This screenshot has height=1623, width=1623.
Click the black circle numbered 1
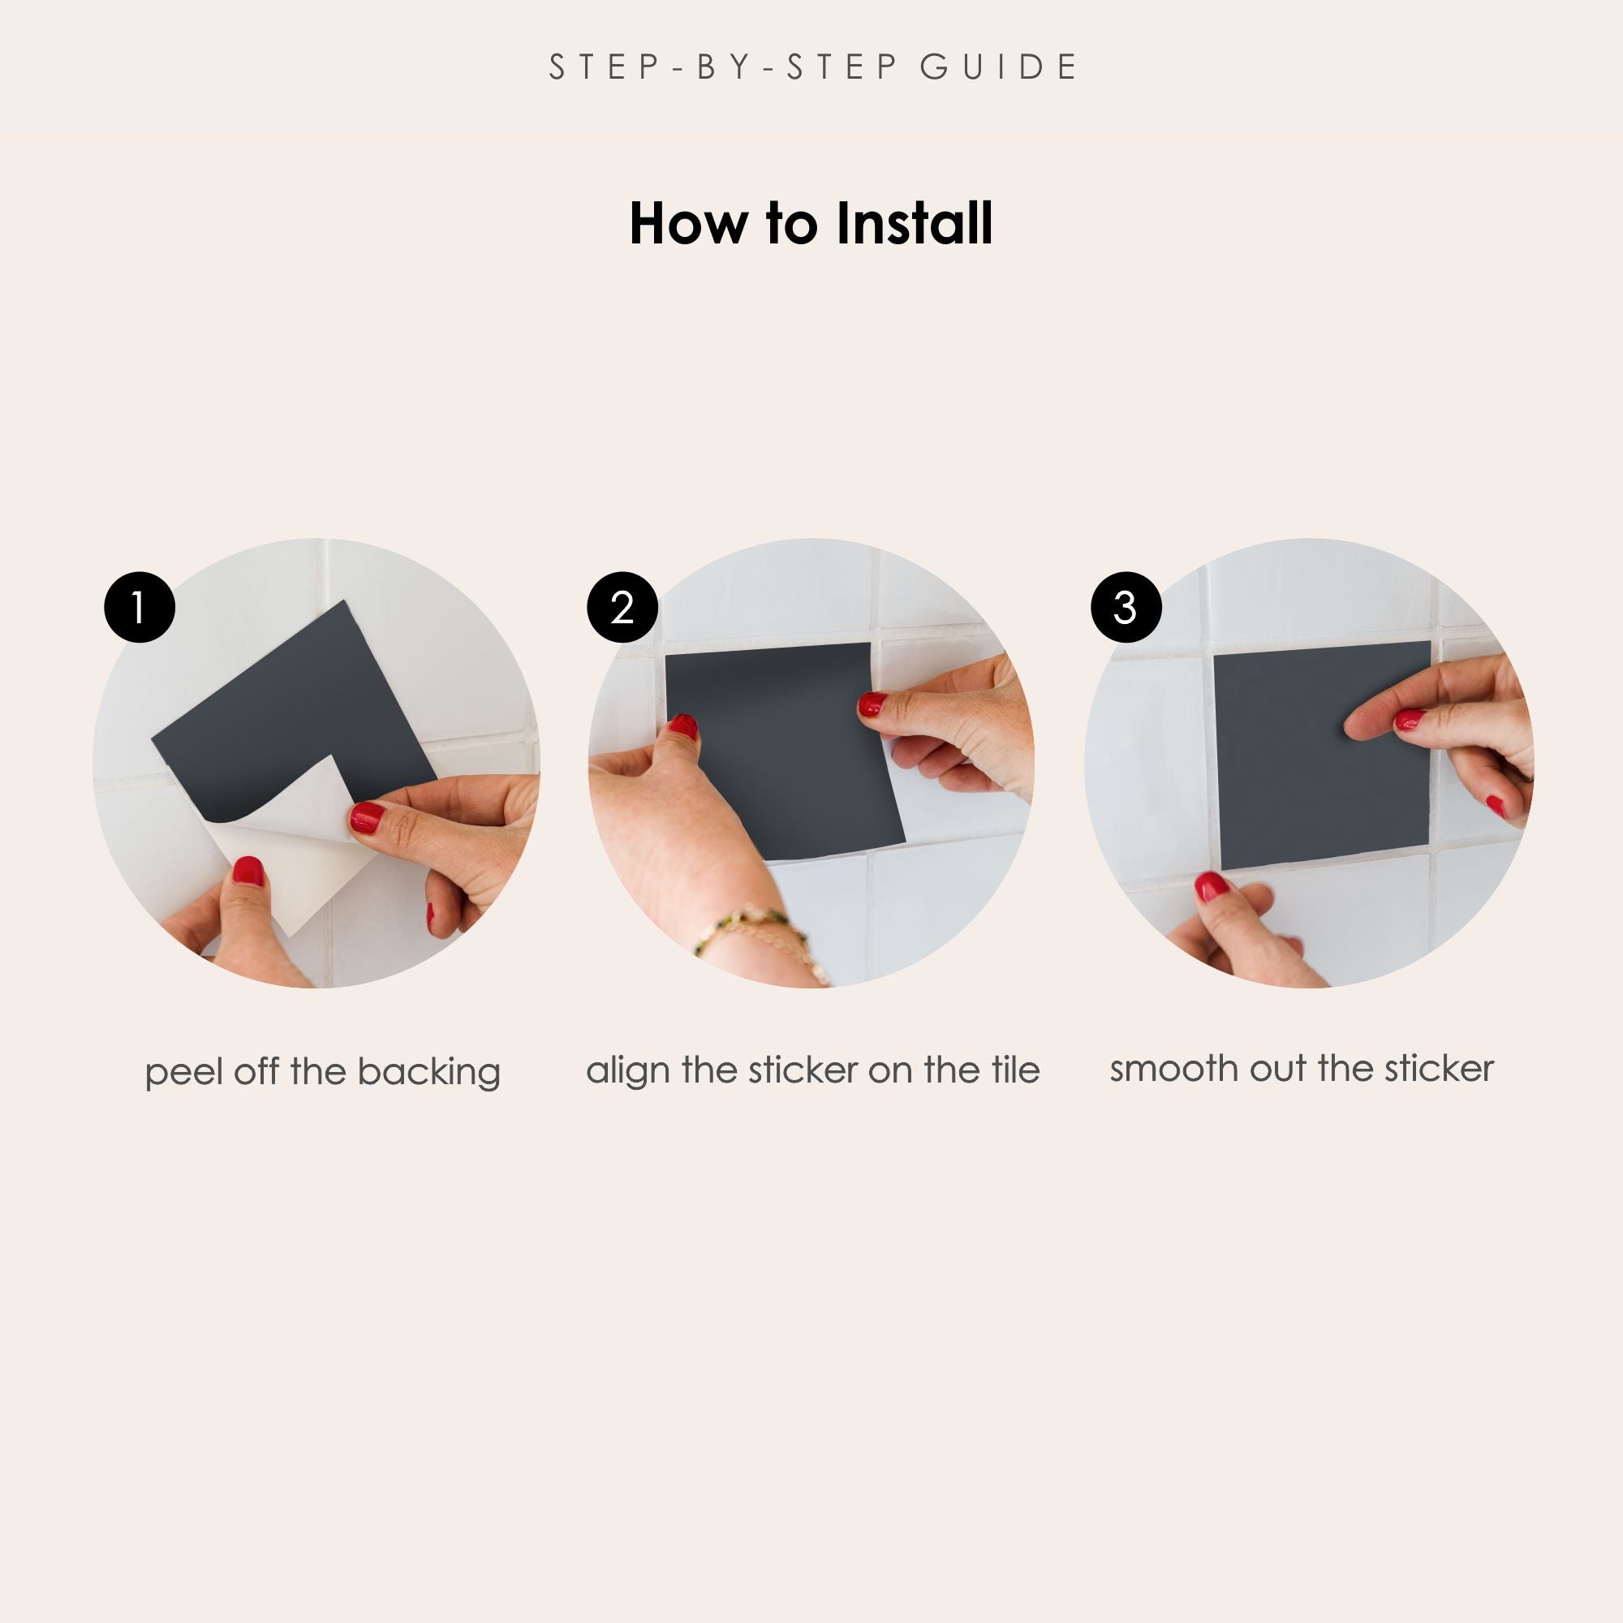point(140,607)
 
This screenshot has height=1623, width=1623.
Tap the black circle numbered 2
point(622,607)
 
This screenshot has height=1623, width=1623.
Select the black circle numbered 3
point(1126,607)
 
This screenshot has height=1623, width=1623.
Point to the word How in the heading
point(688,224)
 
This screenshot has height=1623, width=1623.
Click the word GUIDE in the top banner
point(998,67)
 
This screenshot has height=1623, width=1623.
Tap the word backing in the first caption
point(428,1073)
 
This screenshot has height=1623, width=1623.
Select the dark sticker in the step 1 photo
point(294,714)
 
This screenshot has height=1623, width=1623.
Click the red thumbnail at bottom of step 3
point(1212,886)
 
